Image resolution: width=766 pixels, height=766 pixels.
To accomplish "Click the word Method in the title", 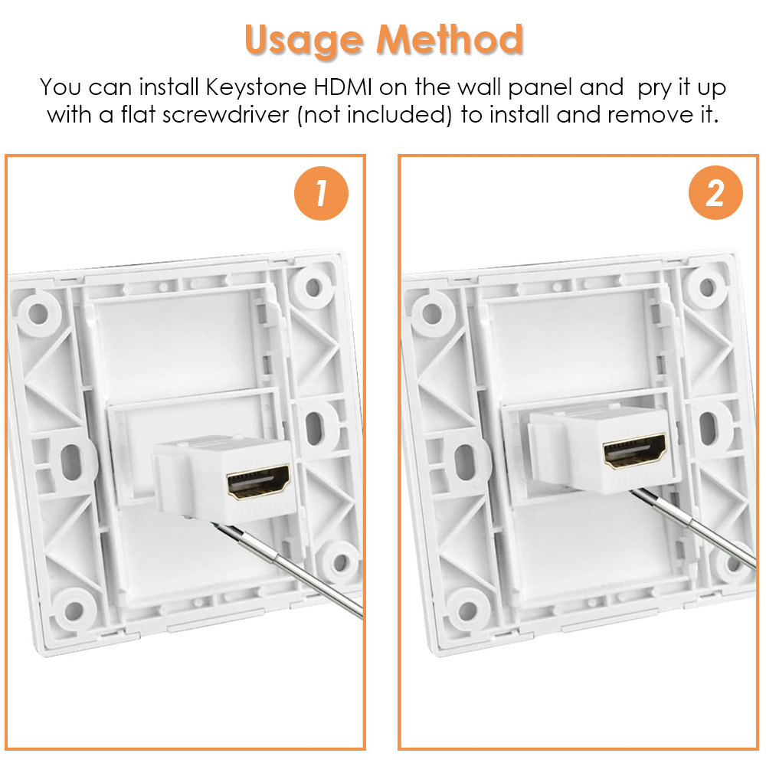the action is (450, 38).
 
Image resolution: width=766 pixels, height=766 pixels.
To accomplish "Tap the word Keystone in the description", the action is (256, 88).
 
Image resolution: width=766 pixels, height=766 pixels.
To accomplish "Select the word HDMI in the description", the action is (342, 87).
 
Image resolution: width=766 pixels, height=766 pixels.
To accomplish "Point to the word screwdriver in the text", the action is (226, 116).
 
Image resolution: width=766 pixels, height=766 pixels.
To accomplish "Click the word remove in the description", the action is (650, 116).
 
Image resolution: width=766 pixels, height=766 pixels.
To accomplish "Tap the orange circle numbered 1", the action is (321, 194).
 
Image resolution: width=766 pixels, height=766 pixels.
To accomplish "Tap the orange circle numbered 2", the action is (715, 192).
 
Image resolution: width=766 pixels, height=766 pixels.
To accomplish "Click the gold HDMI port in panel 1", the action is (259, 481).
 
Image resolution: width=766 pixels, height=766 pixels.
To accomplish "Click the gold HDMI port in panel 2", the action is (635, 450).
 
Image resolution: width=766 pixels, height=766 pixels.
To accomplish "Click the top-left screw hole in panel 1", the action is (38, 313).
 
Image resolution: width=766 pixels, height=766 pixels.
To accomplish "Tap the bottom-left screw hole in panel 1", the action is (74, 609).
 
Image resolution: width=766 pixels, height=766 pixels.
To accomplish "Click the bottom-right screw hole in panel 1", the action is (341, 562).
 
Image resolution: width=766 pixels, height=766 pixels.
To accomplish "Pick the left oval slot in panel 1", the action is (71, 462).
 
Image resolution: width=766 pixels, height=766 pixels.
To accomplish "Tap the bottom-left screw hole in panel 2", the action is (467, 609).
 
